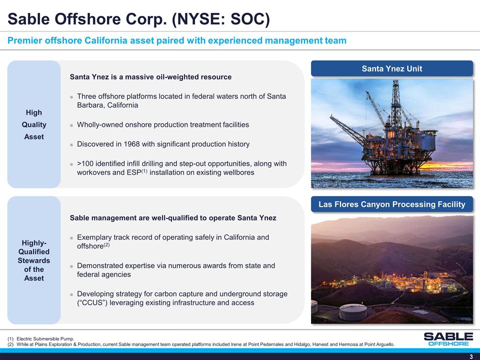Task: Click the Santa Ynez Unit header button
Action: pyautogui.click(x=392, y=68)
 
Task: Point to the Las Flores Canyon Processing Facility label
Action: pyautogui.click(x=392, y=204)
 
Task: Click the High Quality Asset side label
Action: pyautogui.click(x=34, y=124)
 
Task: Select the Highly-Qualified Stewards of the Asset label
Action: pyautogui.click(x=34, y=260)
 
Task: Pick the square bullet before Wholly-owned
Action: pyautogui.click(x=72, y=125)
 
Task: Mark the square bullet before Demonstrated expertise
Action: pyautogui.click(x=72, y=266)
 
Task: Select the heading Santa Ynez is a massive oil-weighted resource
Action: pyautogui.click(x=150, y=77)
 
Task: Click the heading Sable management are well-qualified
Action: pyautogui.click(x=172, y=218)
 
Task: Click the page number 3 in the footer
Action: pyautogui.click(x=471, y=356)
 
